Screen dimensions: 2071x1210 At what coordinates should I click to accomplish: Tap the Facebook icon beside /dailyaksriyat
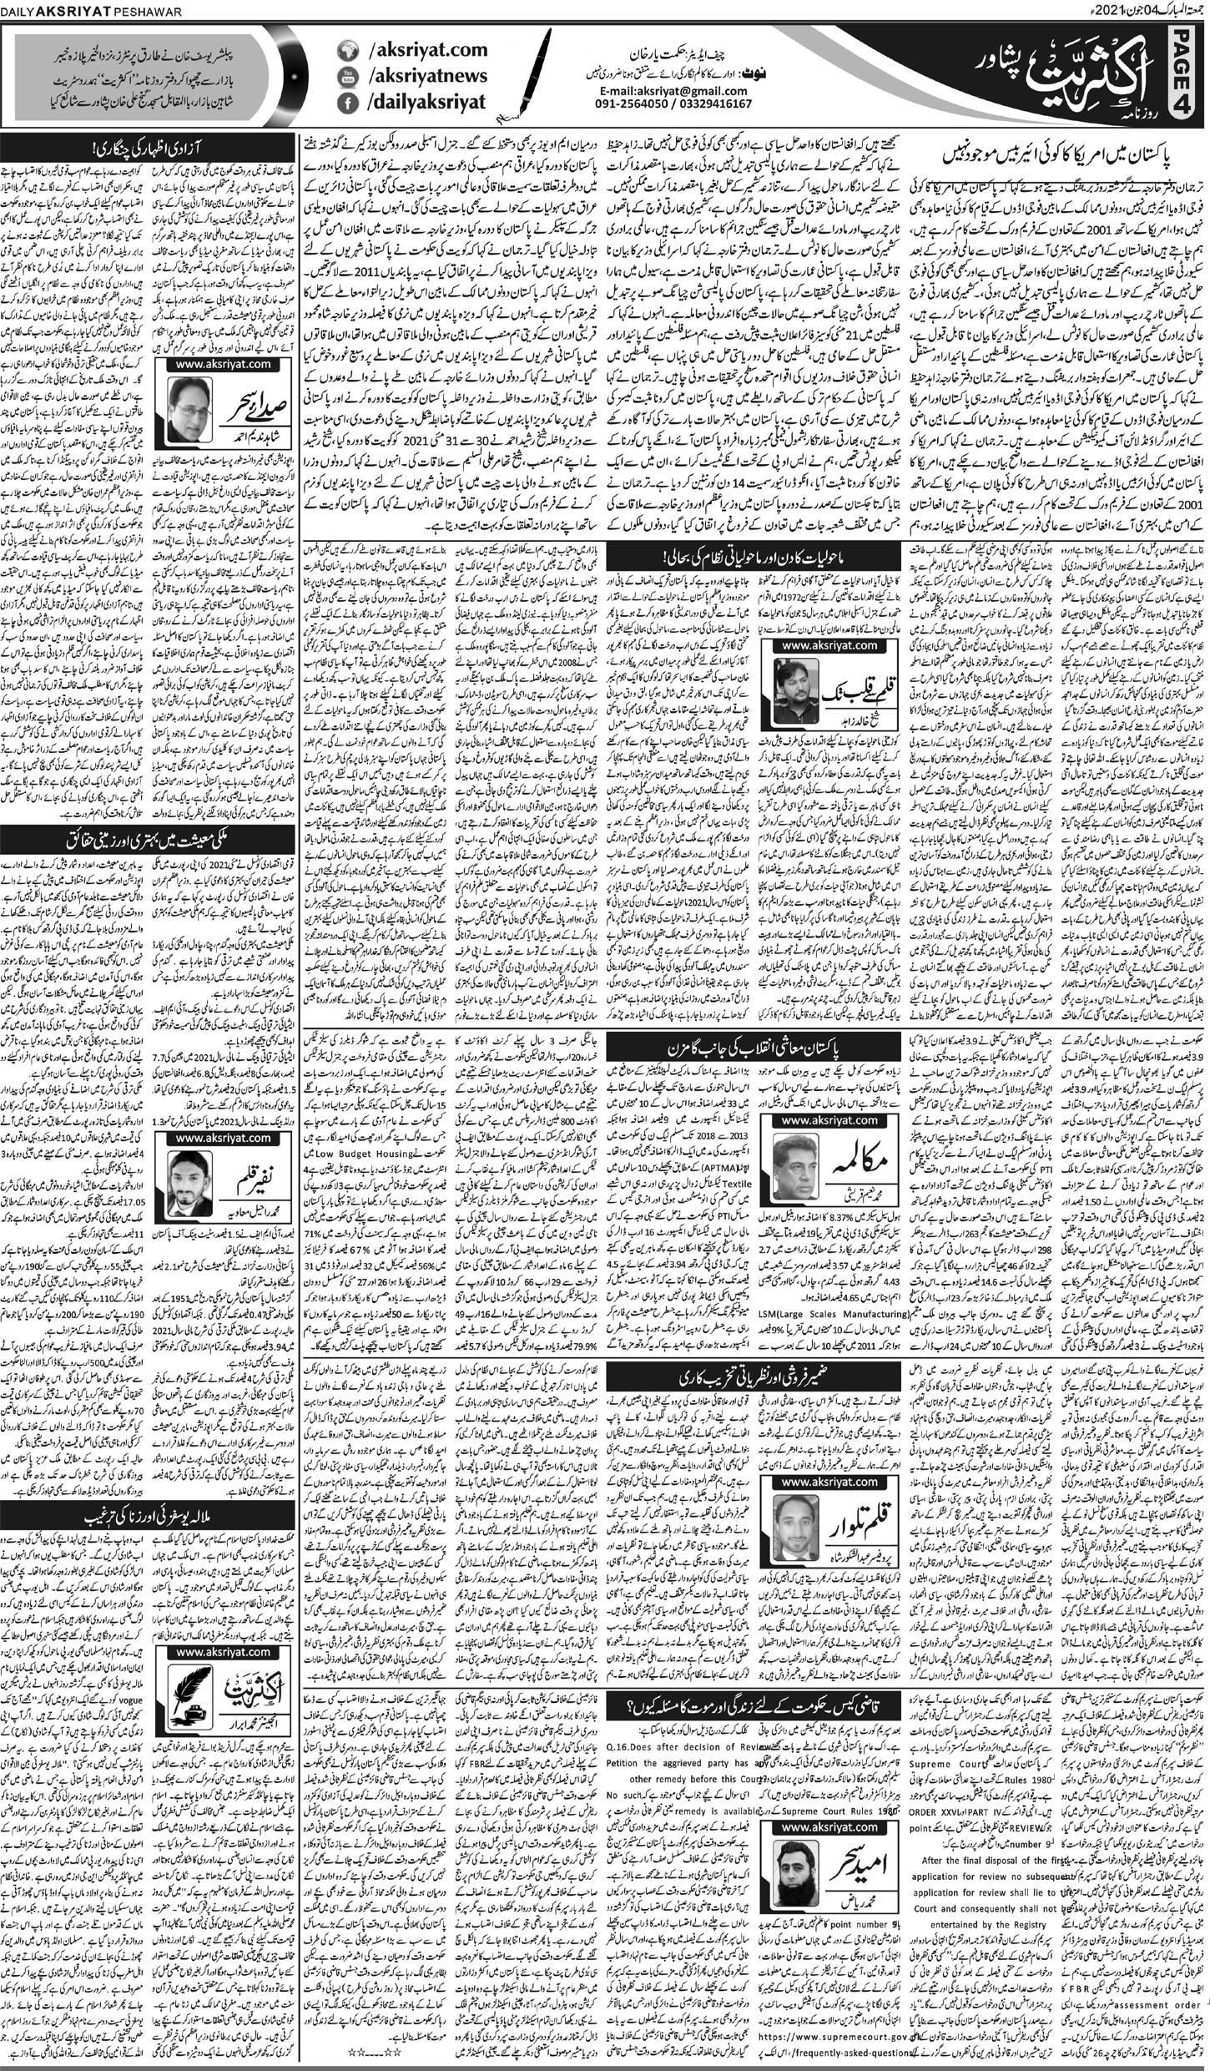(347, 104)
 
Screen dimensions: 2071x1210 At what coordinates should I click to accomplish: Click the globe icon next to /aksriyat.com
(347, 51)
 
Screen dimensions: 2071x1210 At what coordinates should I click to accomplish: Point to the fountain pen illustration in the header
(544, 75)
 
